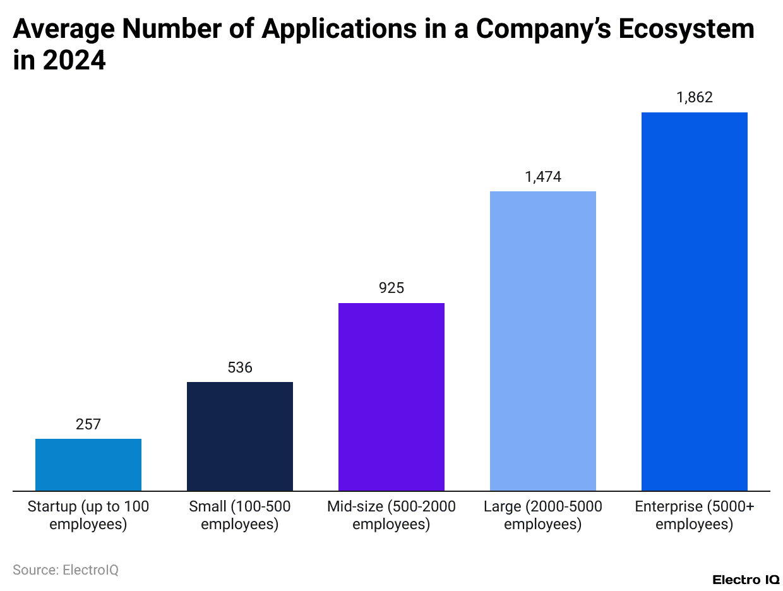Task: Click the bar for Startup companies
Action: point(88,464)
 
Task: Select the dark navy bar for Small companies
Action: point(240,436)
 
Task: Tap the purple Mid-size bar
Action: point(391,397)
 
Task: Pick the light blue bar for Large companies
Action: point(543,341)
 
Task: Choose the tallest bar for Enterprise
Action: point(695,301)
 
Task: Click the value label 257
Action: point(88,424)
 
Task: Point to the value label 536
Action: point(240,367)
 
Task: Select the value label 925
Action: point(391,289)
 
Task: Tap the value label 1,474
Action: point(543,177)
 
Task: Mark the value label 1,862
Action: point(695,97)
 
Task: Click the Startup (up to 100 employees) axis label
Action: point(88,515)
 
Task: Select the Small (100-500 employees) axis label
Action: point(240,515)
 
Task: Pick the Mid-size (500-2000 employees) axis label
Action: point(391,515)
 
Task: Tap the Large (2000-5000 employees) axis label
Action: point(543,515)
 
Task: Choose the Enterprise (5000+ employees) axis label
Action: point(695,515)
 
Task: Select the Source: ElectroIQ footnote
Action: point(66,570)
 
